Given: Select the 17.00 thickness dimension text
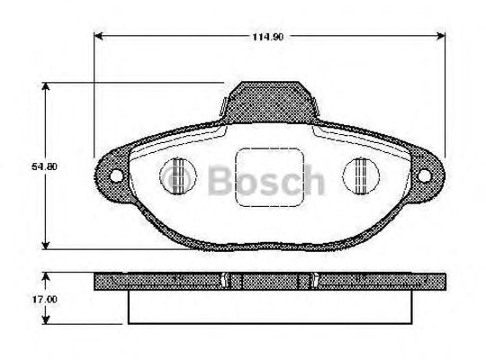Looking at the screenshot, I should click(x=31, y=297).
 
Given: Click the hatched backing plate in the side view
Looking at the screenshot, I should click(x=180, y=282).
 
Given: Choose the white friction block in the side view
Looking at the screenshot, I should click(x=269, y=306).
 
